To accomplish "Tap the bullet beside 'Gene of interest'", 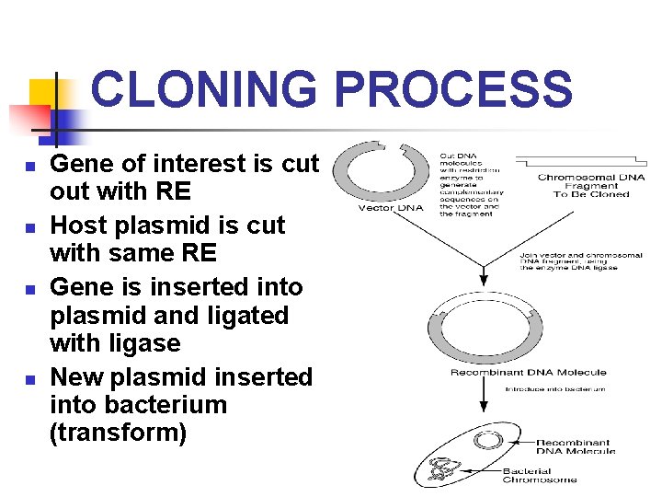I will [x=29, y=167].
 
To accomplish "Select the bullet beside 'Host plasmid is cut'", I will [x=29, y=227].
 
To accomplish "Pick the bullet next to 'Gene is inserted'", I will [x=29, y=289].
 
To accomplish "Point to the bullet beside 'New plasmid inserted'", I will [x=29, y=379].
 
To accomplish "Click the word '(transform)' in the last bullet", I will [x=118, y=432].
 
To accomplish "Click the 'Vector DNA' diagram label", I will [x=391, y=207].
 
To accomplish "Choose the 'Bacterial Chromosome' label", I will [x=540, y=475].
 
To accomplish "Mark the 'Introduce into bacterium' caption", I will [x=555, y=389].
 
